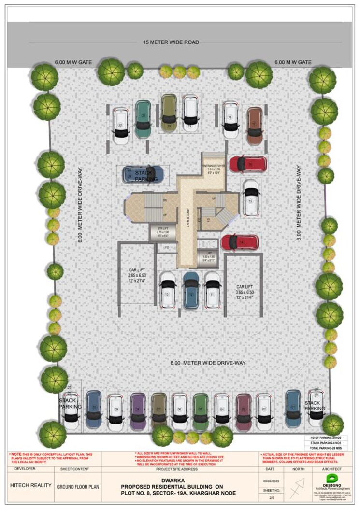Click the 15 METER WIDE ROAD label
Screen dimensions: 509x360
tap(171, 42)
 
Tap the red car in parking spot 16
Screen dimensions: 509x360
tap(247, 164)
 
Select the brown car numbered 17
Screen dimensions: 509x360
tap(254, 125)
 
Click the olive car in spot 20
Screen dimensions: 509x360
tap(169, 113)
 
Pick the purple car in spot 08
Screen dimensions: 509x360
tap(138, 411)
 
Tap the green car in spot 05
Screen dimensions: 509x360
tap(200, 411)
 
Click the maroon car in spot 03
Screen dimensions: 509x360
tap(243, 411)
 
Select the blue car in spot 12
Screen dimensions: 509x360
tap(191, 290)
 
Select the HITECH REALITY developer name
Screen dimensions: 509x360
tap(31, 485)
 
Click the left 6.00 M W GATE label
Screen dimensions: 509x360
tap(73, 62)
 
